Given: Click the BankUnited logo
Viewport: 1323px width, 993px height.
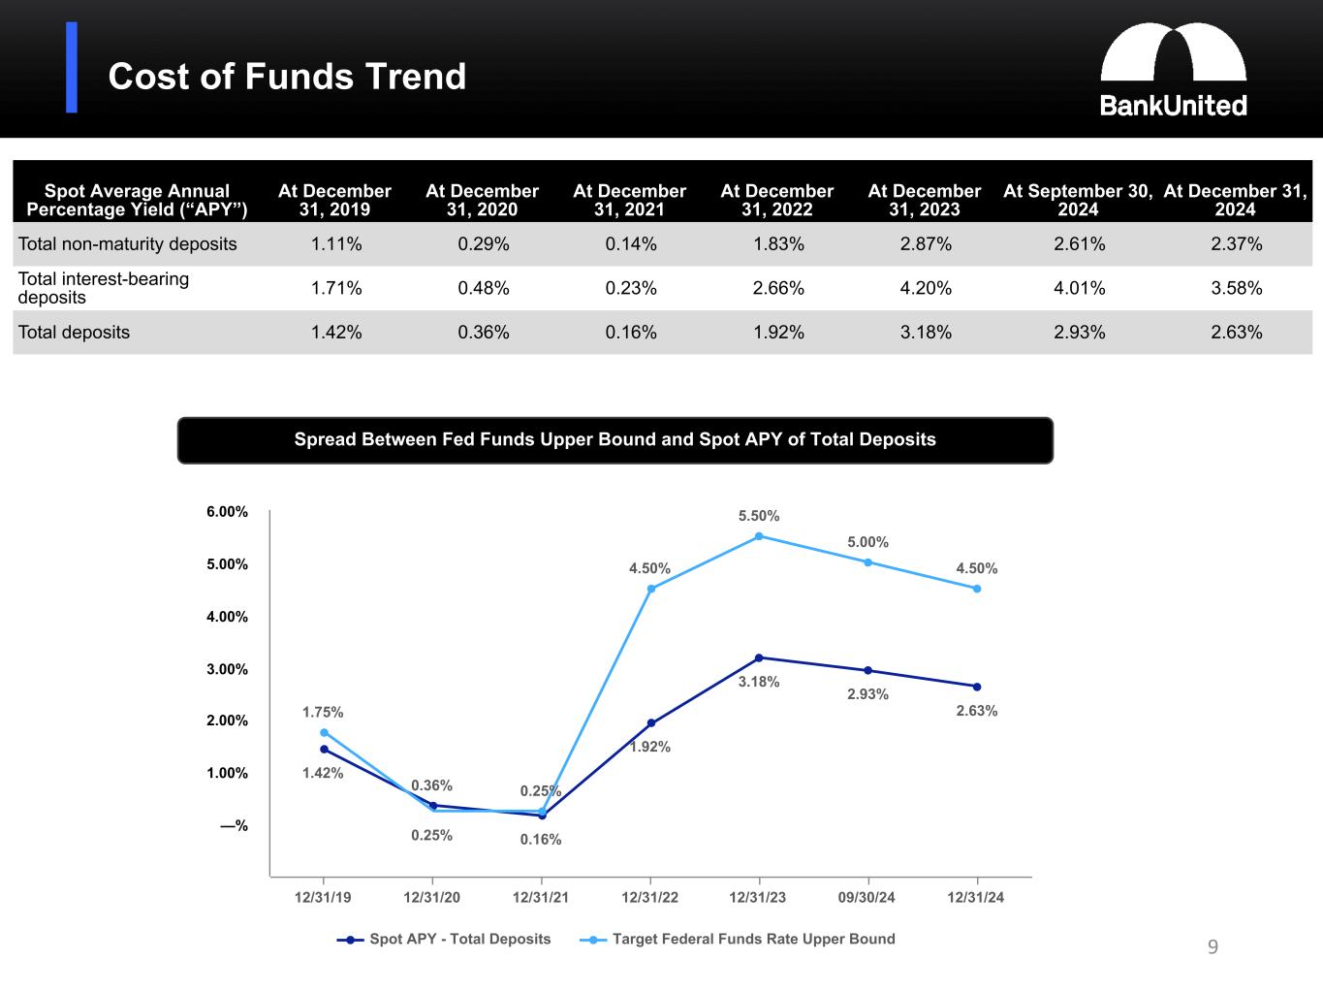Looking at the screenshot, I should click(1173, 70).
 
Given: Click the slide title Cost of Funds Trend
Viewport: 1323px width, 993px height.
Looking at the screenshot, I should click(287, 77).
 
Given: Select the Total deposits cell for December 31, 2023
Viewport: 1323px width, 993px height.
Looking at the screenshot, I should click(925, 333).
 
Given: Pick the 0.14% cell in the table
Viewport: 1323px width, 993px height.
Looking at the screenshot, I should click(630, 244).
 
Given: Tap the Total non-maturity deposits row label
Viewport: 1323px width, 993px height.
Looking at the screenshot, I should click(128, 244).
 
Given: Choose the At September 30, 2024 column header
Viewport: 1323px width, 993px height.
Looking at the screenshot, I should click(1077, 200).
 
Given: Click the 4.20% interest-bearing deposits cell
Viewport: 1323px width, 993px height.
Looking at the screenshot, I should click(925, 288).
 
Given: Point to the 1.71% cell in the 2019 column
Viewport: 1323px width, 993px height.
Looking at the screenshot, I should click(335, 288).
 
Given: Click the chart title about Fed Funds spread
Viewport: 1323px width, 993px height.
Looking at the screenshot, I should click(614, 440).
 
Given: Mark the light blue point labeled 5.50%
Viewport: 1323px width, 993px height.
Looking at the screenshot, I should click(759, 536).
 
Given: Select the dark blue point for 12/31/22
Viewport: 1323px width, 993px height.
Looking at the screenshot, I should click(650, 723).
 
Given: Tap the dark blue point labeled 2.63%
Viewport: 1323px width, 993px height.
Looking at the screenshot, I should click(976, 687).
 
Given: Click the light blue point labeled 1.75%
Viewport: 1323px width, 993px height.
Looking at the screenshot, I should click(324, 733).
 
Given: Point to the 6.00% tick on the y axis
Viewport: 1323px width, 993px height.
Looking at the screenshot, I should click(227, 512).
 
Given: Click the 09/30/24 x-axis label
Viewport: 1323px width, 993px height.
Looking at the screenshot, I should click(866, 898).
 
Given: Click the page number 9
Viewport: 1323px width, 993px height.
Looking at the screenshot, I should click(1213, 947).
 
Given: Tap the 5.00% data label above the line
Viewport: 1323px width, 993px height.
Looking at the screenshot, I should click(867, 542).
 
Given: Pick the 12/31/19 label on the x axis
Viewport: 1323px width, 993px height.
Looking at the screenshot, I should click(323, 898).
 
